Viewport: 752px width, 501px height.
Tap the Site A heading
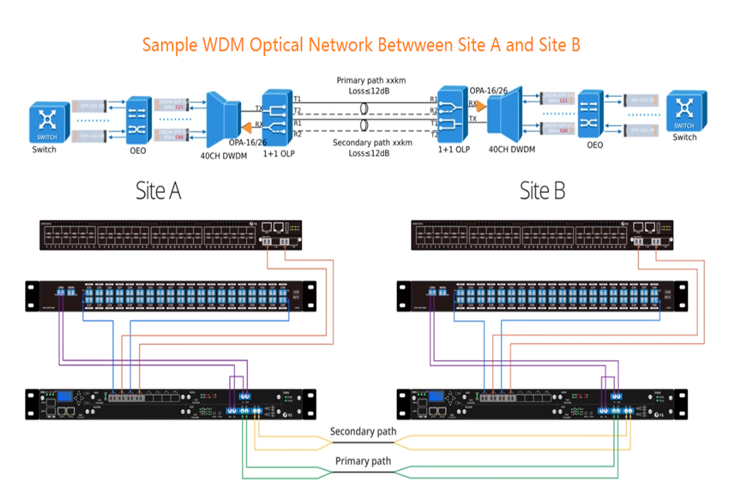[159, 191]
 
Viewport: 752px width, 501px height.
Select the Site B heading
[542, 191]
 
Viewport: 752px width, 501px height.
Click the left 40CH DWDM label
[222, 155]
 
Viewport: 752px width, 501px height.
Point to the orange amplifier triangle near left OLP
[248, 128]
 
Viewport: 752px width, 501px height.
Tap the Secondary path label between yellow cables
[363, 431]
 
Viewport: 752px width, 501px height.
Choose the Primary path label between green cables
[363, 461]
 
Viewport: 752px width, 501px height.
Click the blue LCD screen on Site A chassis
[64, 396]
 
